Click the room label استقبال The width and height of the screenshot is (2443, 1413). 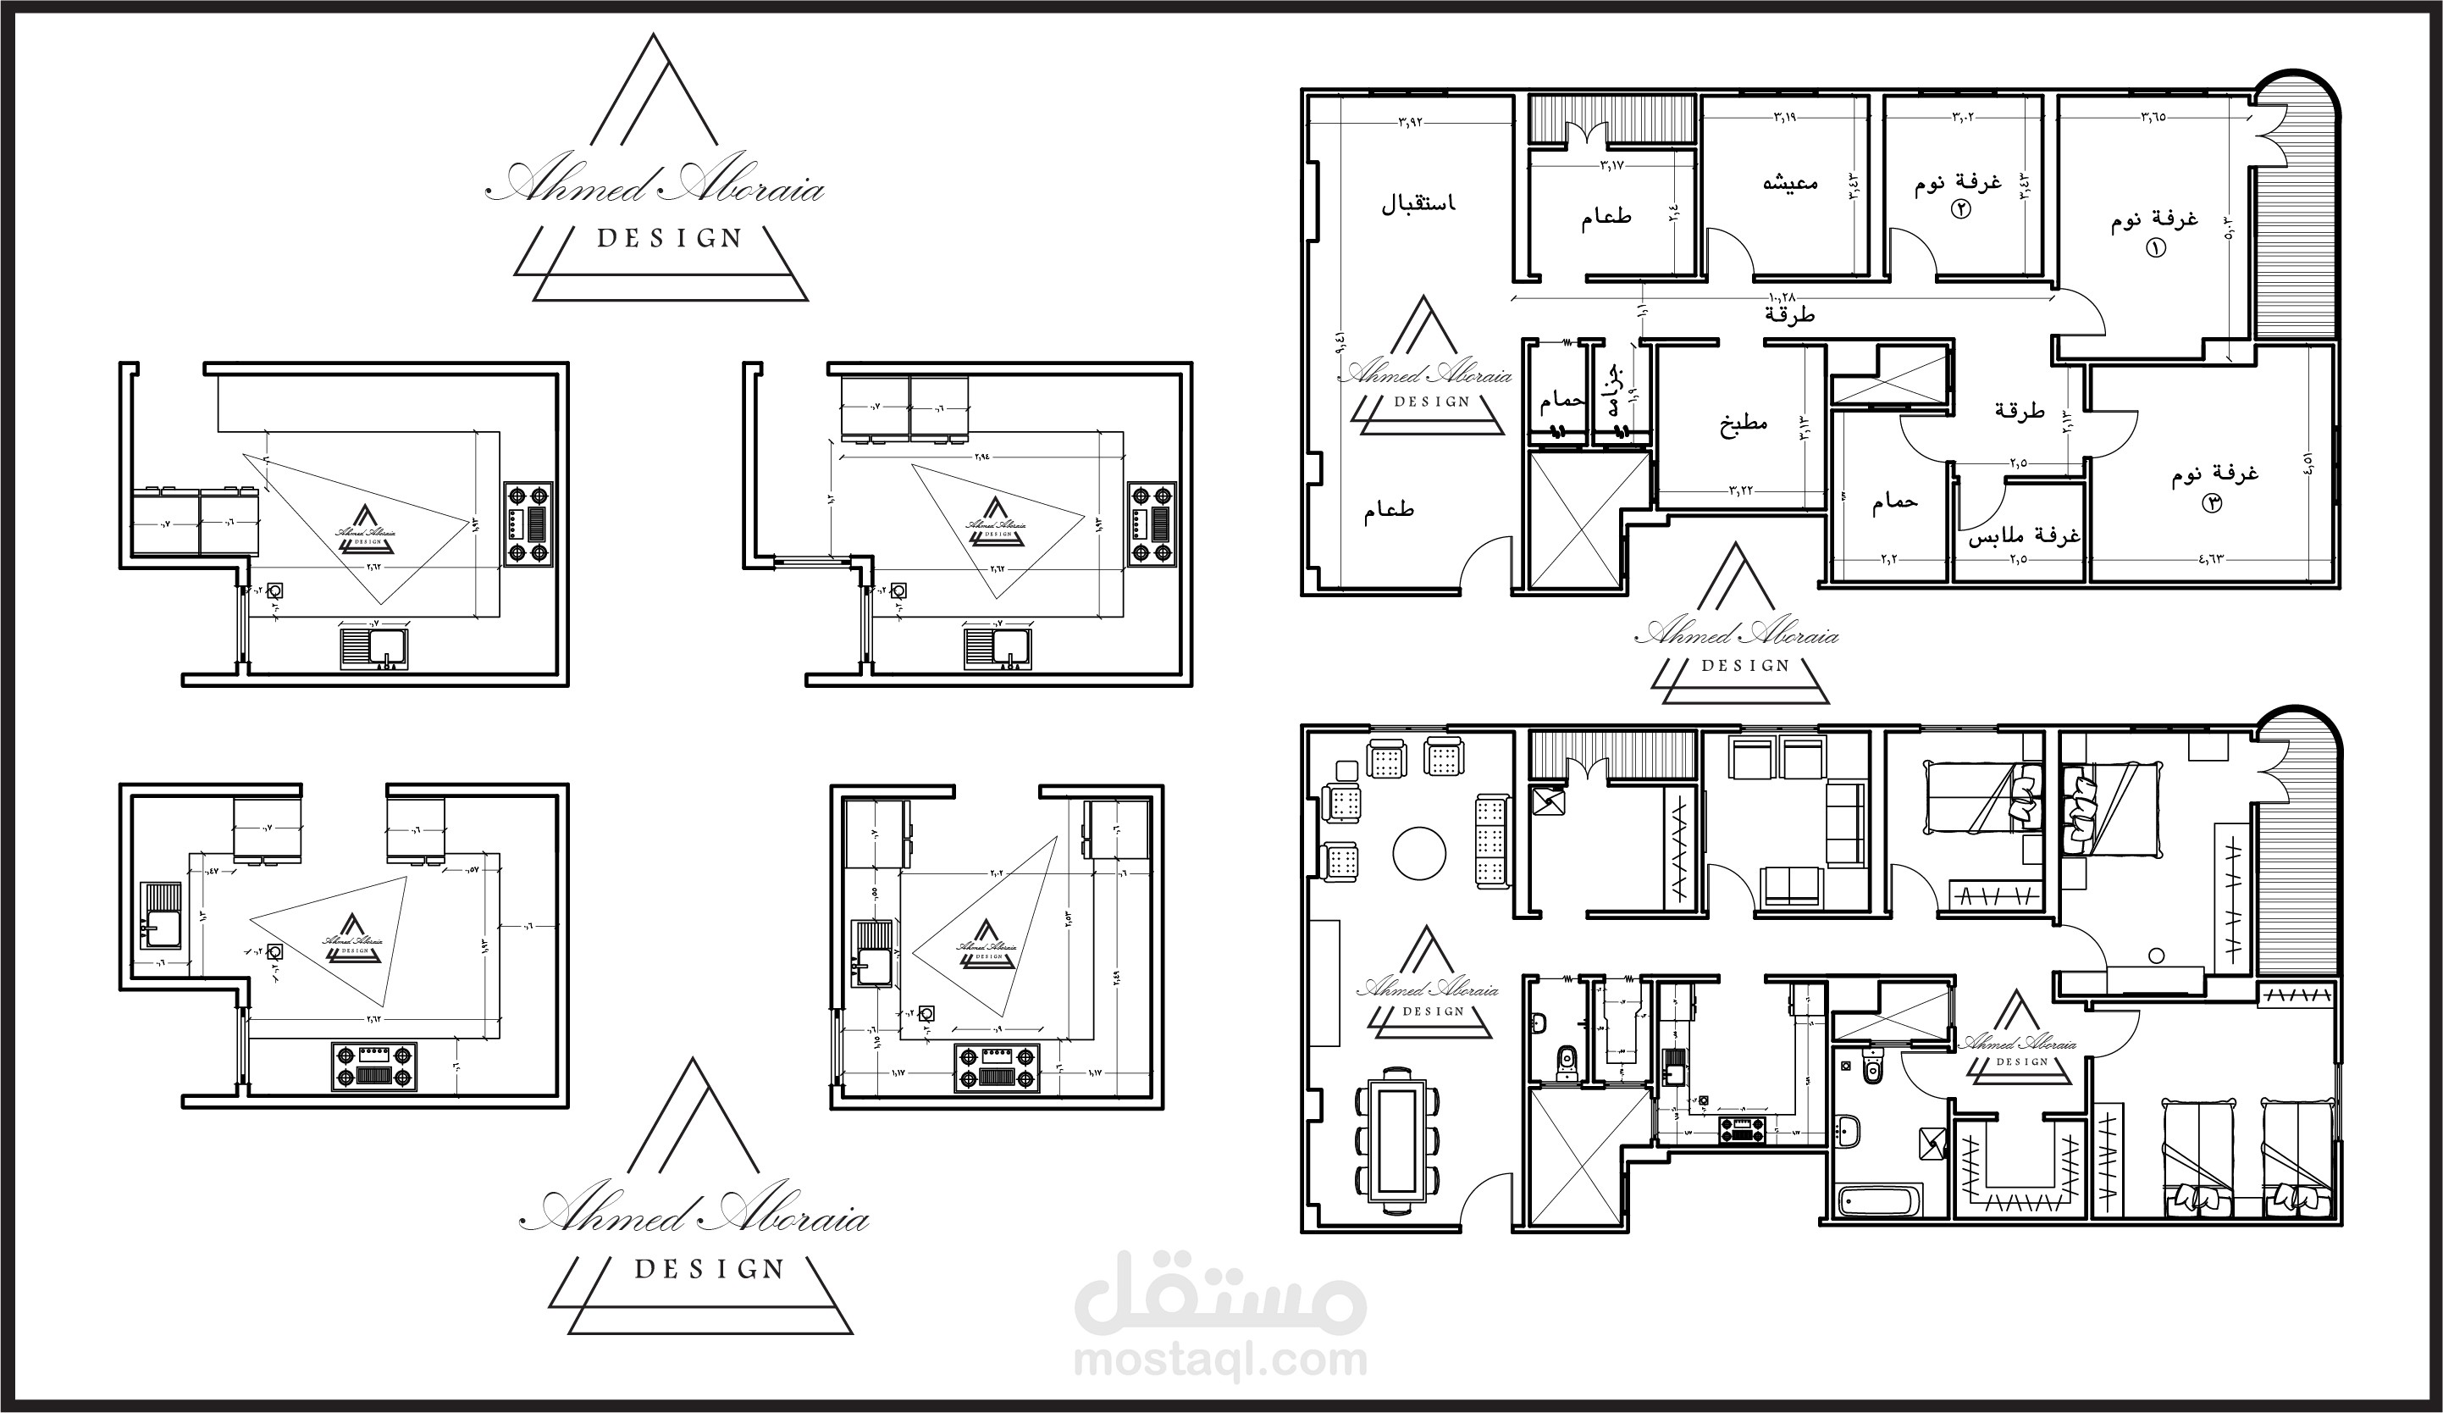point(1418,203)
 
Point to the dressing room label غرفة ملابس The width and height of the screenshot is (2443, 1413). point(2024,535)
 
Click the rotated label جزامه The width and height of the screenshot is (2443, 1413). point(1613,392)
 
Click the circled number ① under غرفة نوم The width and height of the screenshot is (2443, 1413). point(2156,248)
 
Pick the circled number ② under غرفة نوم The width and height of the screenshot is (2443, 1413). point(1960,208)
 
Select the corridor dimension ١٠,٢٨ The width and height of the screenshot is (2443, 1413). point(1783,295)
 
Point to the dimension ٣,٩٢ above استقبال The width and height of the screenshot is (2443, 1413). point(1411,122)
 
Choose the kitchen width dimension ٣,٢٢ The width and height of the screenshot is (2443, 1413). point(1741,490)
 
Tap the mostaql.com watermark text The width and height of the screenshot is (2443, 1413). point(1220,1360)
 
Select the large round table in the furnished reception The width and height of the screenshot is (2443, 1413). point(1419,853)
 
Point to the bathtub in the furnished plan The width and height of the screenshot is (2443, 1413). point(1880,1201)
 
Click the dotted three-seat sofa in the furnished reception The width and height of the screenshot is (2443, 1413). point(1492,841)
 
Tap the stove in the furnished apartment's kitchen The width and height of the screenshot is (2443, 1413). point(1742,1129)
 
